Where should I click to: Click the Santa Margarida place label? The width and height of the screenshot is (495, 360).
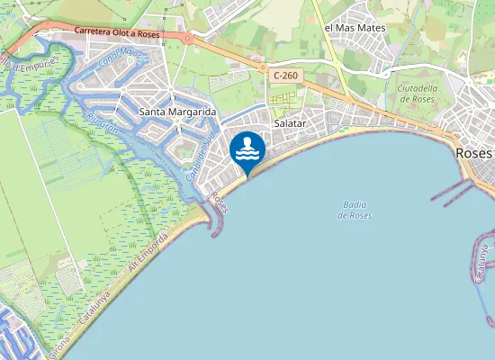tap(179, 112)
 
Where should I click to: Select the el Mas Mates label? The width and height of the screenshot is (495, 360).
tap(355, 28)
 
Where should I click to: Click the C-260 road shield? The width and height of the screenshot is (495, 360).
tap(283, 76)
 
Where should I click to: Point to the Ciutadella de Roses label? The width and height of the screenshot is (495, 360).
tap(417, 93)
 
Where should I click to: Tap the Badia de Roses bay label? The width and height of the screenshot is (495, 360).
tap(355, 210)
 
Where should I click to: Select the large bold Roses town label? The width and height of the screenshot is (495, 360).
tap(473, 153)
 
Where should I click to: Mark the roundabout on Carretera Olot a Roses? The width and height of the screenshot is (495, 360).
tap(186, 38)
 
